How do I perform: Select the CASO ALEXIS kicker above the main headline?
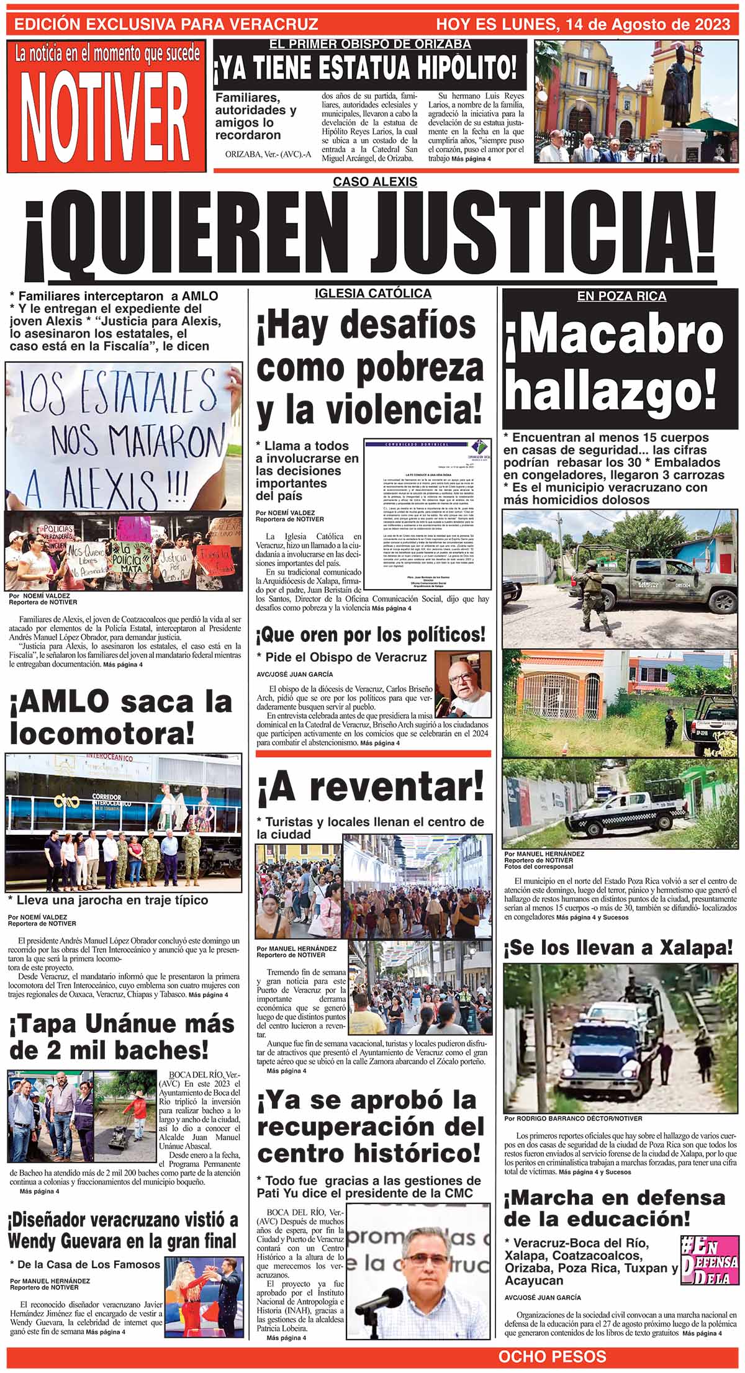pyautogui.click(x=374, y=182)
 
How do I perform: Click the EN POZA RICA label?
pyautogui.click(x=621, y=297)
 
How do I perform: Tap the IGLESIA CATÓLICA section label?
pyautogui.click(x=372, y=293)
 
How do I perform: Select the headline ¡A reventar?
pyautogui.click(x=370, y=788)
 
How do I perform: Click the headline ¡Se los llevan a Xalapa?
pyautogui.click(x=618, y=948)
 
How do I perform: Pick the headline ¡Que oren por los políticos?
pyautogui.click(x=371, y=635)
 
